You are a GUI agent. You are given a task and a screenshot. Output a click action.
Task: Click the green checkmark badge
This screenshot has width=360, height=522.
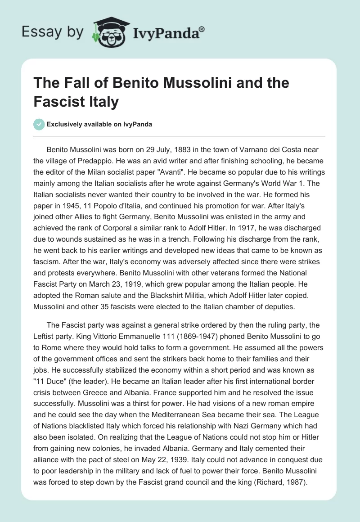point(39,124)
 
